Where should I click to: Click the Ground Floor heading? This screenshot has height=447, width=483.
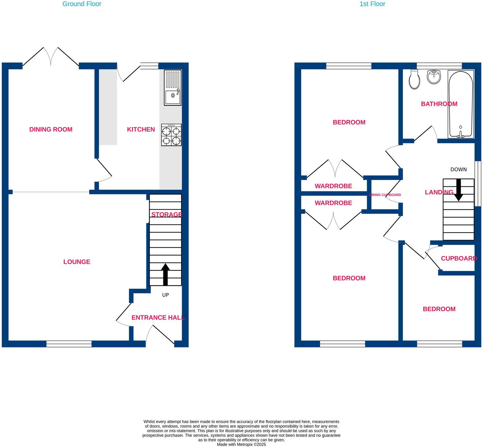point(82,4)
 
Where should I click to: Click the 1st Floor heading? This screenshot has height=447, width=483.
point(372,4)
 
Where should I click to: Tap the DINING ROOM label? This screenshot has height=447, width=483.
point(51,129)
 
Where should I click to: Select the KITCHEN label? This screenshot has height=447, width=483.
point(141,129)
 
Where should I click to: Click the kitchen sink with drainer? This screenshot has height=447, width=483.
point(172,88)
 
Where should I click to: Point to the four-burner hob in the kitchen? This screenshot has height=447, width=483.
point(171,135)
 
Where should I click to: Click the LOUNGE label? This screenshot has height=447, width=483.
point(77,262)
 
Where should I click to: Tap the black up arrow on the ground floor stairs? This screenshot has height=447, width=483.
point(165,274)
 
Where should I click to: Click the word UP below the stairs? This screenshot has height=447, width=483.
point(165,295)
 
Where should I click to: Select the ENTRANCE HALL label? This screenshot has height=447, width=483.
point(158,318)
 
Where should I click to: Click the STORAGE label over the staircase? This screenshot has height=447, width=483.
point(166,215)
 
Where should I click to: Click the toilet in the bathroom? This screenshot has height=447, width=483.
point(415,80)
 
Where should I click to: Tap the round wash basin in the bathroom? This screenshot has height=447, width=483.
point(434,77)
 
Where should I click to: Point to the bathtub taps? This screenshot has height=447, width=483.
point(460,135)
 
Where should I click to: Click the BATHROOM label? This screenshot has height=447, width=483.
point(439,104)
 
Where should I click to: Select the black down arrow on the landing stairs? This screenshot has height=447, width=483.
point(458,190)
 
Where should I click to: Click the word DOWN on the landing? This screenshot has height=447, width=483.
point(458,169)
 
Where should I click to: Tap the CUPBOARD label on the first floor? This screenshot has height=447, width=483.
point(459,258)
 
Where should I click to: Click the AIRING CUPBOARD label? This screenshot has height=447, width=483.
point(385,195)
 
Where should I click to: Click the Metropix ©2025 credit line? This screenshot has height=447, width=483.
point(241,444)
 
